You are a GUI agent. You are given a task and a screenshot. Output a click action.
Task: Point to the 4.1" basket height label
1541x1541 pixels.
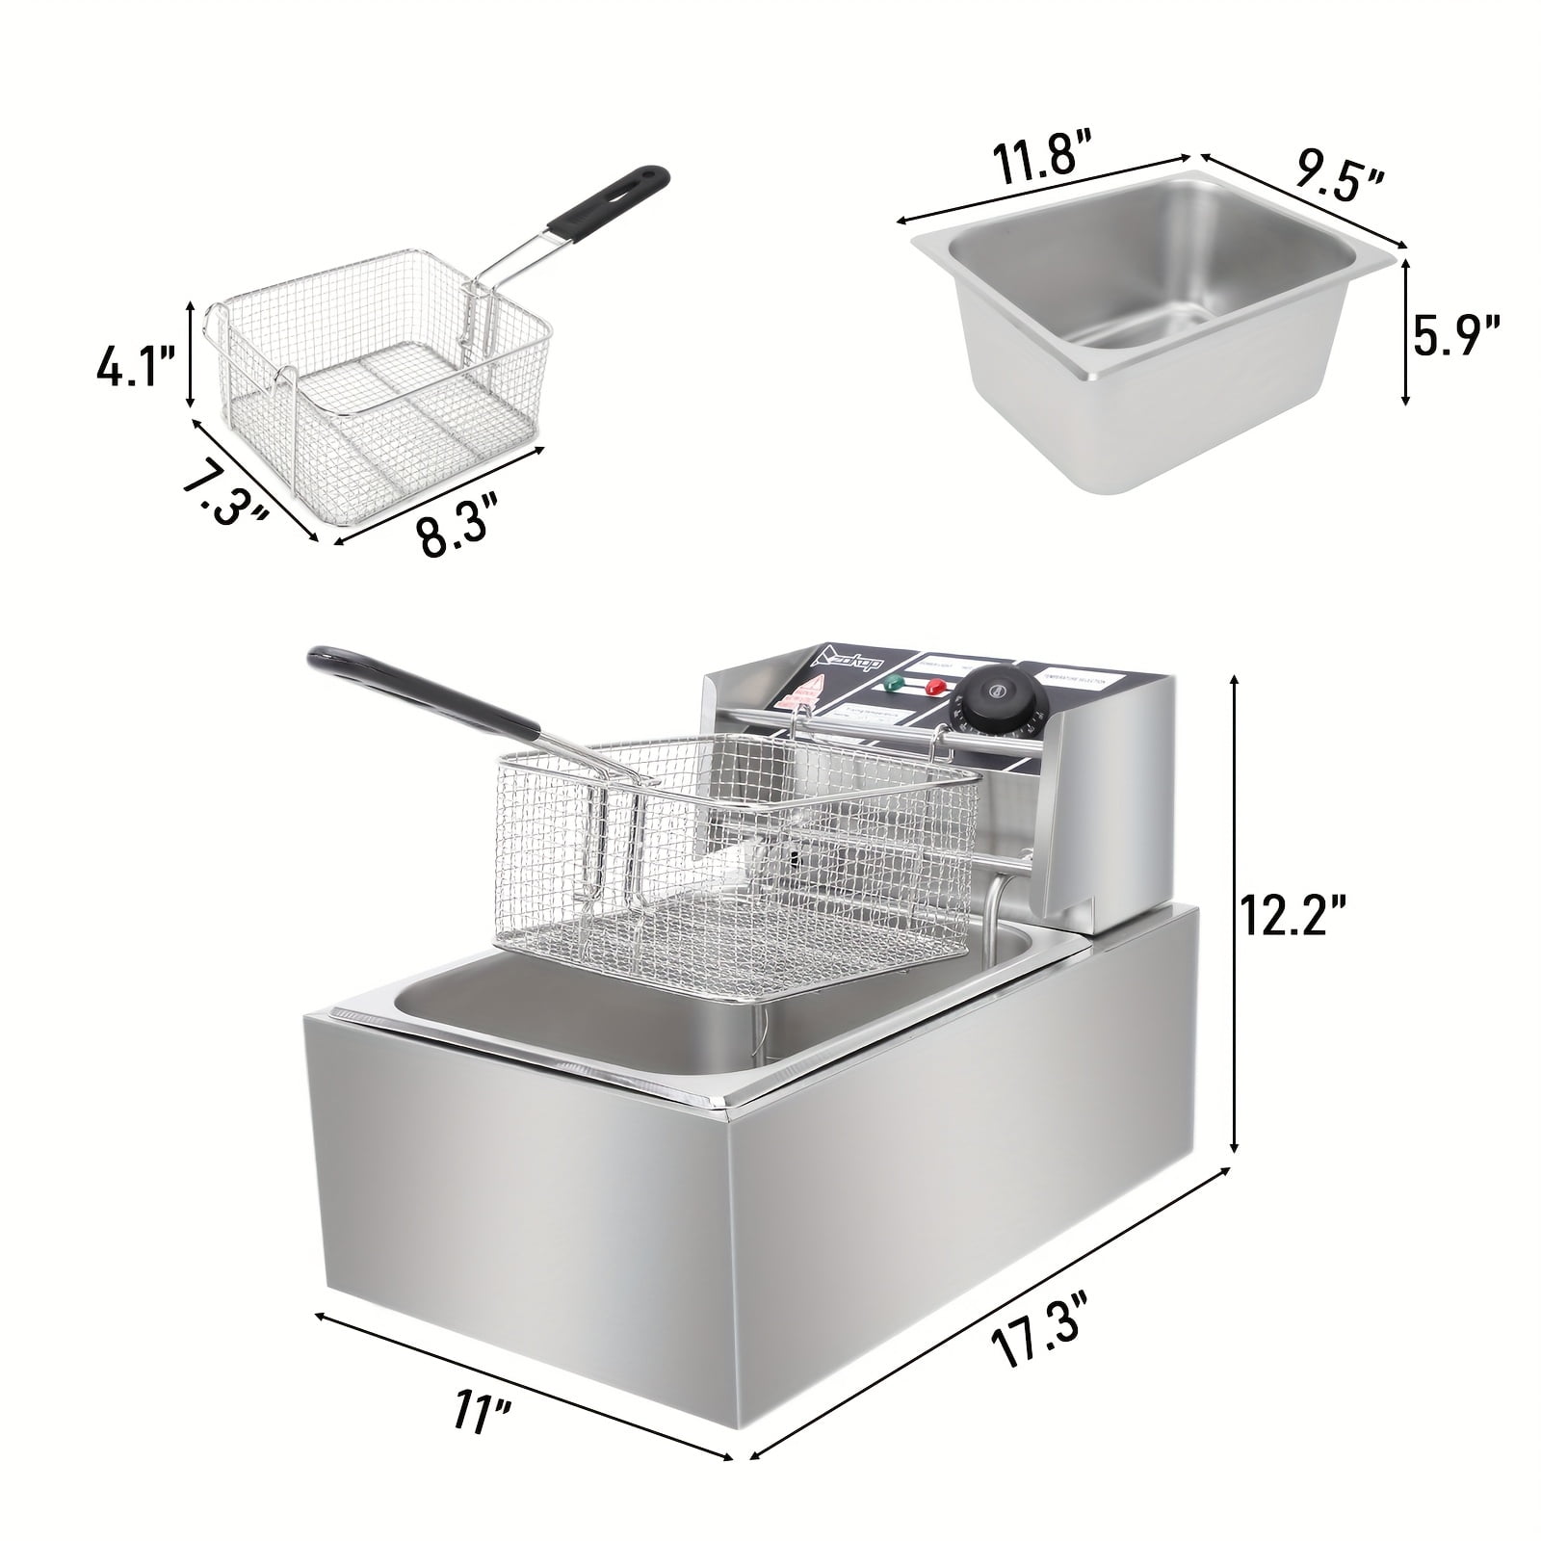[x=136, y=368]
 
